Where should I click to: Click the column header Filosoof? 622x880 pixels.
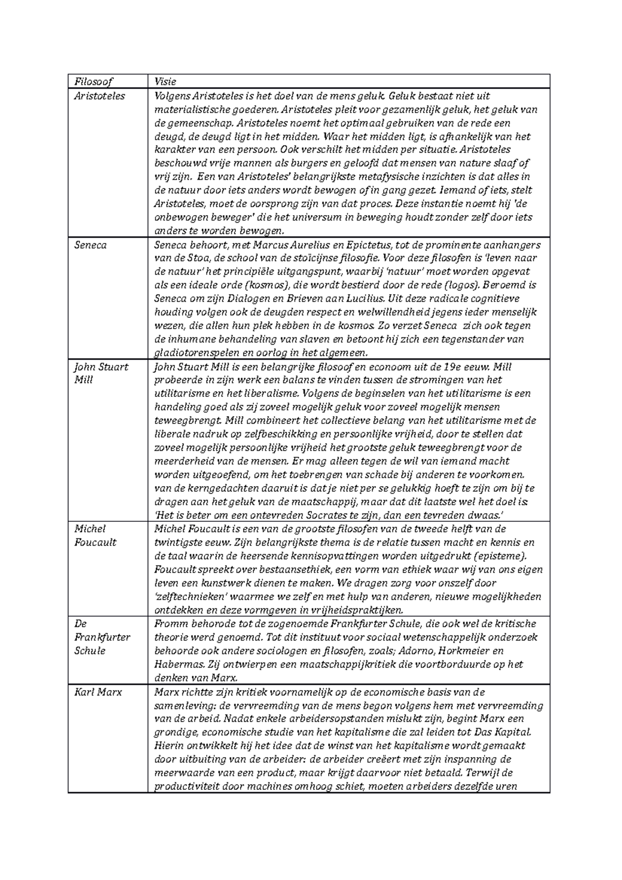tap(93, 82)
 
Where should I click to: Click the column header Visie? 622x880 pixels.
tap(165, 82)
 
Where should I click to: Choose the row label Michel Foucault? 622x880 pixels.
tap(95, 535)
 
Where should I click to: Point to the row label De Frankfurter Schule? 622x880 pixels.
tap(102, 637)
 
